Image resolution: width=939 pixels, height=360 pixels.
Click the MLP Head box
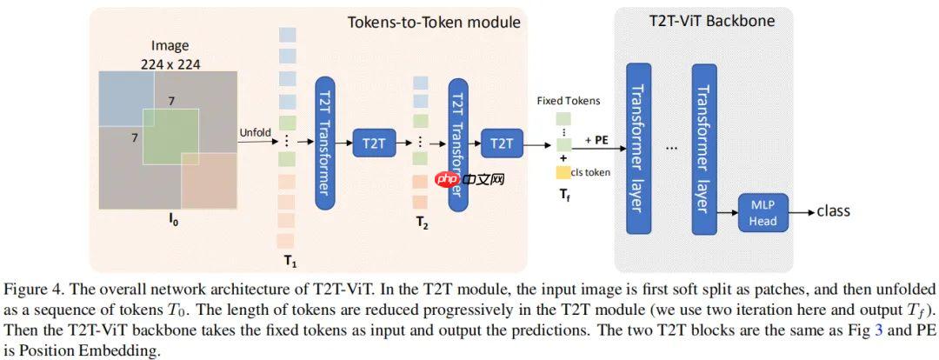(762, 212)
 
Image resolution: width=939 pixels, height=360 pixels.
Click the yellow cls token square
(563, 172)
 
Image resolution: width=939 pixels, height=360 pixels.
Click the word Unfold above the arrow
(256, 132)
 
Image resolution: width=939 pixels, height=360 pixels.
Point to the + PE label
(595, 139)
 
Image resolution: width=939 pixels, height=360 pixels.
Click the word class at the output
(833, 210)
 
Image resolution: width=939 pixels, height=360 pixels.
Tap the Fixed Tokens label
(568, 101)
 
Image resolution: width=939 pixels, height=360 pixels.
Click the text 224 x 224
(170, 63)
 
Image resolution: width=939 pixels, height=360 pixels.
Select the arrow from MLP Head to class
(802, 211)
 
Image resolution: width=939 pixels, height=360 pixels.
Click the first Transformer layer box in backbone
(638, 148)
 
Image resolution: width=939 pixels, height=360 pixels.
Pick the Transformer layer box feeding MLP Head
(704, 148)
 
